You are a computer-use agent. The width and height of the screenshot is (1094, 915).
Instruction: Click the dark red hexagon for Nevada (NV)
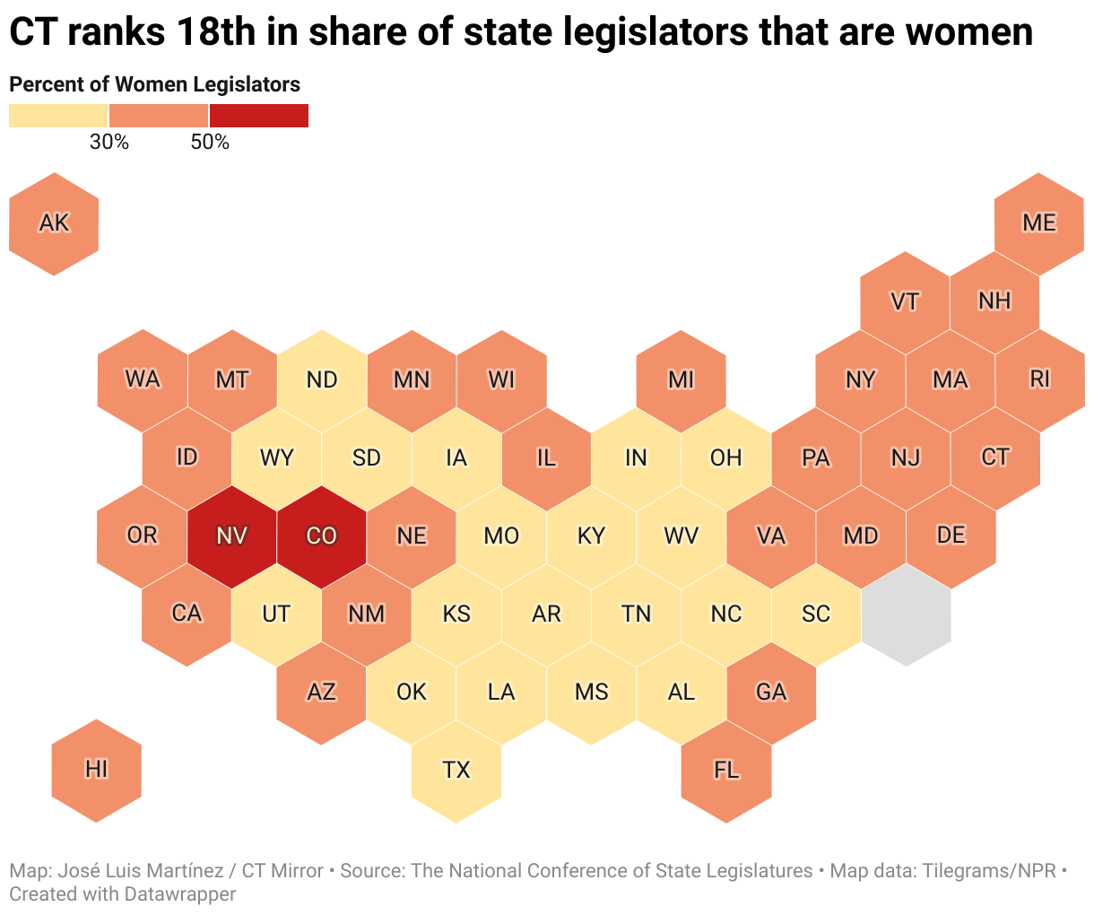(231, 536)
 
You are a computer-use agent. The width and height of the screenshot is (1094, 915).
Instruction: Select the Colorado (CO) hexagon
(321, 536)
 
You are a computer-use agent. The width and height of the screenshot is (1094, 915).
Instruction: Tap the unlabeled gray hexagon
(906, 614)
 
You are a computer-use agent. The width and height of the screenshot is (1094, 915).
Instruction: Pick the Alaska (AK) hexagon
(54, 223)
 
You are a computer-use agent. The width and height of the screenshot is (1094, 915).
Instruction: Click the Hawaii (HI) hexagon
(96, 770)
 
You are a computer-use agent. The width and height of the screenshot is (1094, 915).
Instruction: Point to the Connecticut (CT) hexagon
(995, 457)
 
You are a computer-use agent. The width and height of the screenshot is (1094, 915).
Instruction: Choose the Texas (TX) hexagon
(456, 770)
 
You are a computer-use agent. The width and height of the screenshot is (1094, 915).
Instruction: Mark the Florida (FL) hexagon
(725, 770)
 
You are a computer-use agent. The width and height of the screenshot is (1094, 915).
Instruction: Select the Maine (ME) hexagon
(1039, 223)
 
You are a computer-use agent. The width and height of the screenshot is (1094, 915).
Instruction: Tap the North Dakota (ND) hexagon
(321, 380)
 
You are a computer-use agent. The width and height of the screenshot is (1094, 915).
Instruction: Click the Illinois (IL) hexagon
(546, 457)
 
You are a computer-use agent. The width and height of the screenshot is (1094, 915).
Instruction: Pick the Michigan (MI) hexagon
(681, 380)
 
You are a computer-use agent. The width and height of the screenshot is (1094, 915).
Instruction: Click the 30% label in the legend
(109, 142)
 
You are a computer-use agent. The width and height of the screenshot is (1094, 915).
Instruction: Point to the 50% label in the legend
(210, 142)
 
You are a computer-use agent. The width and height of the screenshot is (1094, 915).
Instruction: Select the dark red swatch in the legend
(259, 116)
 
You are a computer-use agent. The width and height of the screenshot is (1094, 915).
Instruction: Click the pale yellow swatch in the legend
(58, 116)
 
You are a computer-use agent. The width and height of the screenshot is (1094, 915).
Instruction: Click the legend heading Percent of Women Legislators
(154, 84)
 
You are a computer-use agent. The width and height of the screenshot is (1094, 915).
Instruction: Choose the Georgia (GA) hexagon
(770, 692)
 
